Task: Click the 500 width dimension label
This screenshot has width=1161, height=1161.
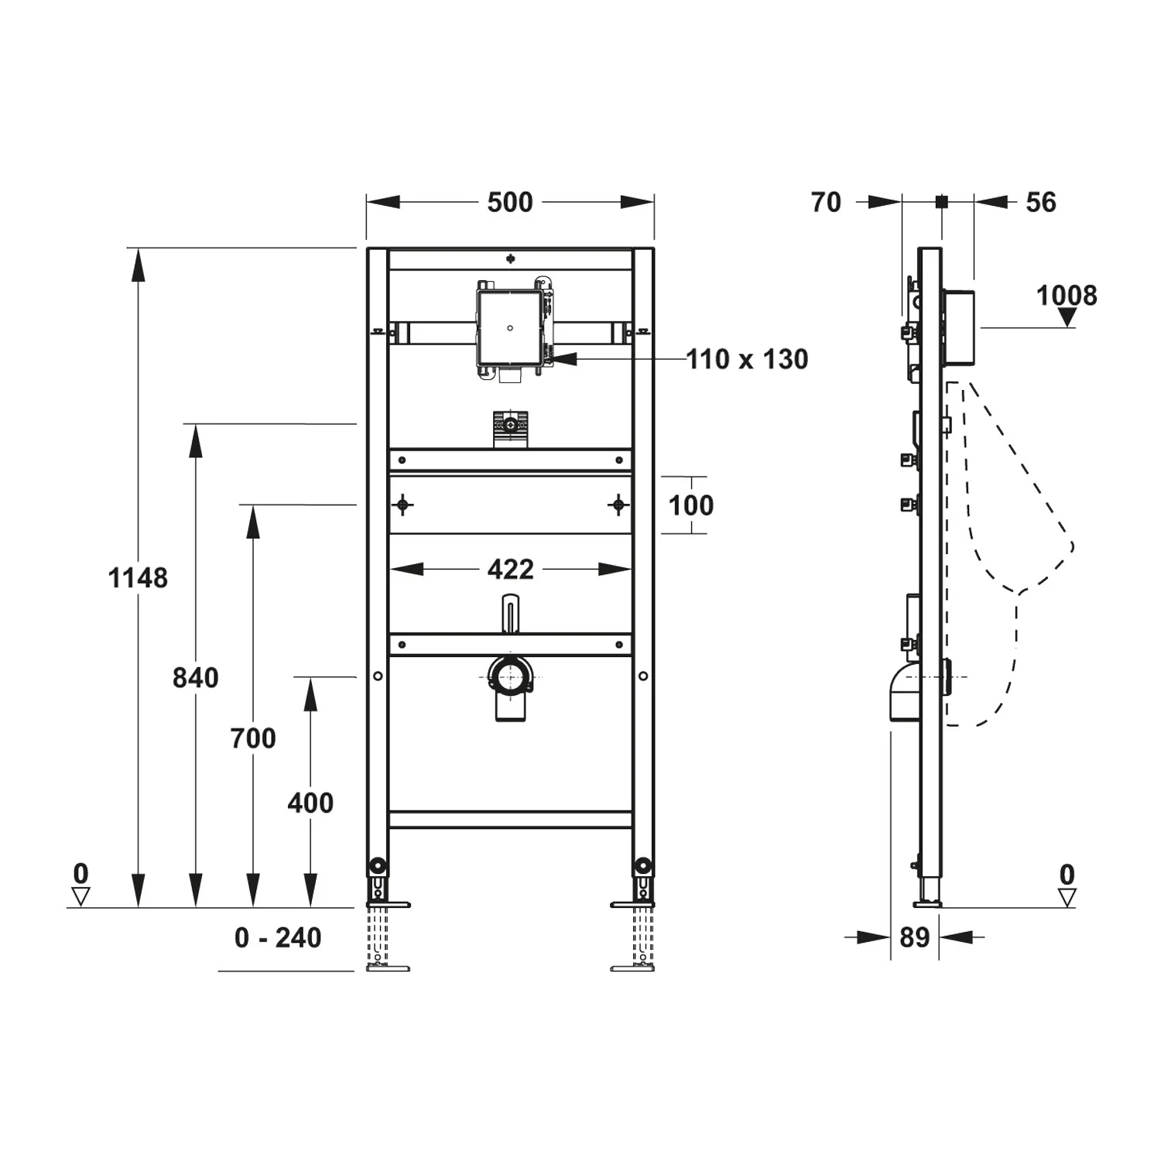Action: [x=509, y=203]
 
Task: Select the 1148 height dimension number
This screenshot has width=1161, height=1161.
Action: [x=138, y=578]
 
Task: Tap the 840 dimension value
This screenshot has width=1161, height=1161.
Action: [x=195, y=678]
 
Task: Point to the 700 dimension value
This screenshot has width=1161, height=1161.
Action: [x=253, y=738]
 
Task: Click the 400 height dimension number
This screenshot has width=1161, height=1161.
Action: [x=310, y=803]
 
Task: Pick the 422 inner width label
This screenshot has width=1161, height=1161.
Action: [x=511, y=570]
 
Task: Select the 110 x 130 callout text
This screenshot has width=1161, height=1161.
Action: [x=747, y=359]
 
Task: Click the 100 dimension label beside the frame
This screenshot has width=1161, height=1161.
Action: [x=690, y=505]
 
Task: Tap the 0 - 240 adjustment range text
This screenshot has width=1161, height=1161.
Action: [x=278, y=938]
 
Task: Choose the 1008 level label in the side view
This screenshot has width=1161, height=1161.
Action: [x=1067, y=296]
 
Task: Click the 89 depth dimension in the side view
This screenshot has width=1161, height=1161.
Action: [x=914, y=938]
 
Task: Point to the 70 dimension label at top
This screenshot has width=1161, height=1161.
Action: [x=826, y=203]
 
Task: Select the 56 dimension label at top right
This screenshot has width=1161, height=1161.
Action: [x=1041, y=203]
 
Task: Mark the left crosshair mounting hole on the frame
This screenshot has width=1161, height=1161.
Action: [x=402, y=505]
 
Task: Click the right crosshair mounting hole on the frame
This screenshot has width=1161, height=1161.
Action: [x=618, y=505]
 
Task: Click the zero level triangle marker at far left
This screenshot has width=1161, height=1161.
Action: [x=80, y=897]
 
